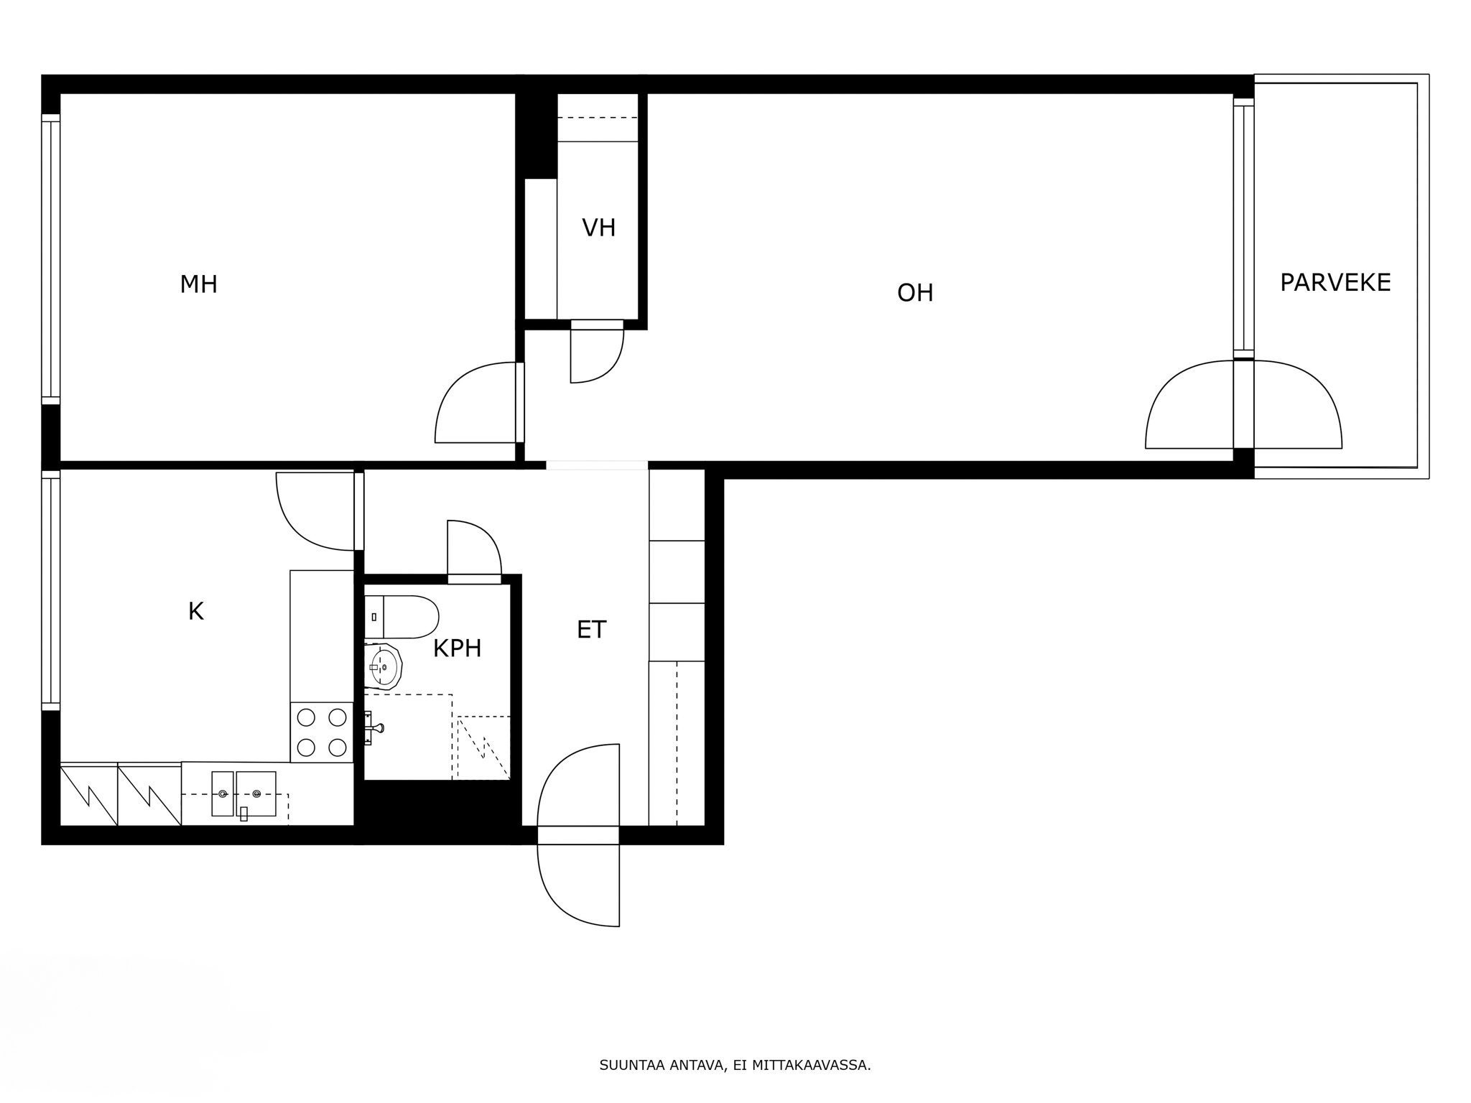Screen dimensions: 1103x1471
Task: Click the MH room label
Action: [198, 284]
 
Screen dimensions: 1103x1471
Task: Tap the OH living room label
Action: [915, 293]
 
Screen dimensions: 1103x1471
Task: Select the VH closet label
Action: [598, 228]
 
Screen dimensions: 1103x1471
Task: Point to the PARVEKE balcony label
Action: [1335, 283]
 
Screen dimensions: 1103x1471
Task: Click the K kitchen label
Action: [195, 612]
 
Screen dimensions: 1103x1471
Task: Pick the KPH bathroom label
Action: [457, 649]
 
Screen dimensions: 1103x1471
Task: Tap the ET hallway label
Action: [591, 630]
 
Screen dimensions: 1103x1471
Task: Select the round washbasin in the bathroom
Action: [384, 666]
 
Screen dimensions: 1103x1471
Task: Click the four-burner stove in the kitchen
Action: [322, 732]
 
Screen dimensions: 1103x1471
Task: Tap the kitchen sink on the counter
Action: [243, 793]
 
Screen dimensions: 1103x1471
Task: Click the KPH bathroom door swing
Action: [472, 549]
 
